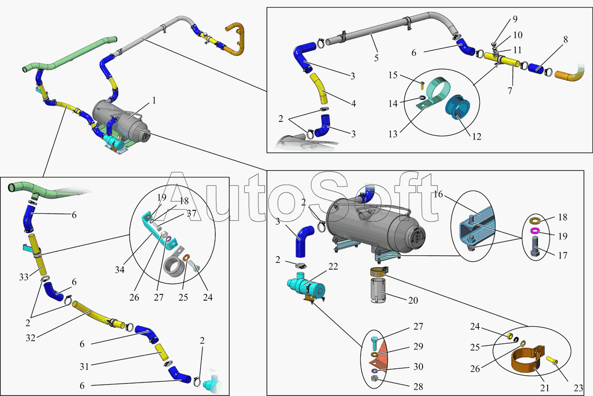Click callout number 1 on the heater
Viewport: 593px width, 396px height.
point(154,100)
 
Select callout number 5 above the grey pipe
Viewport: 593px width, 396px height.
point(377,58)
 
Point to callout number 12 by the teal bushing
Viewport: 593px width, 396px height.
point(476,136)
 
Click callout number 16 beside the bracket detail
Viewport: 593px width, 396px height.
point(438,195)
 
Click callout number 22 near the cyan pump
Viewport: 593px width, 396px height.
point(333,267)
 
